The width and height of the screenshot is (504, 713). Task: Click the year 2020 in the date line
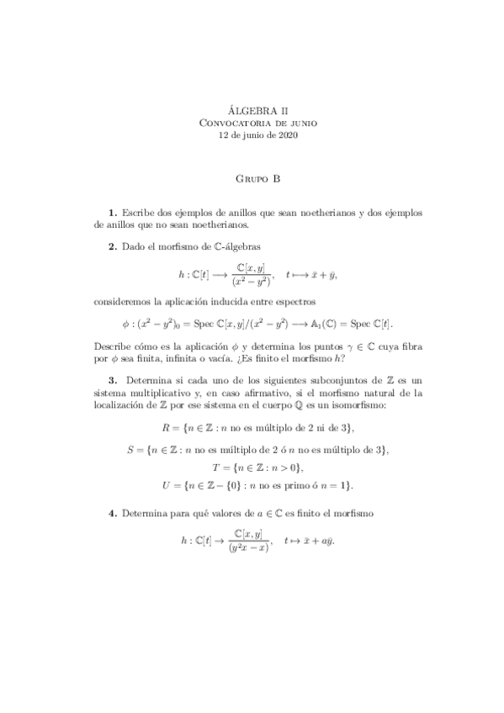(285, 135)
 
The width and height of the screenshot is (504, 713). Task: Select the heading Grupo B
(252, 178)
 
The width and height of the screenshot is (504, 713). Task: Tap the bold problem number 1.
(112, 214)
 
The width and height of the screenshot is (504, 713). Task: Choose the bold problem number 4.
(112, 513)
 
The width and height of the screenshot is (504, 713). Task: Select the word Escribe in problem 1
(139, 214)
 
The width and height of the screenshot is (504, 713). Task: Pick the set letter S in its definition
(130, 450)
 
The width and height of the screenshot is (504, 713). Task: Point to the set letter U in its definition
(166, 486)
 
